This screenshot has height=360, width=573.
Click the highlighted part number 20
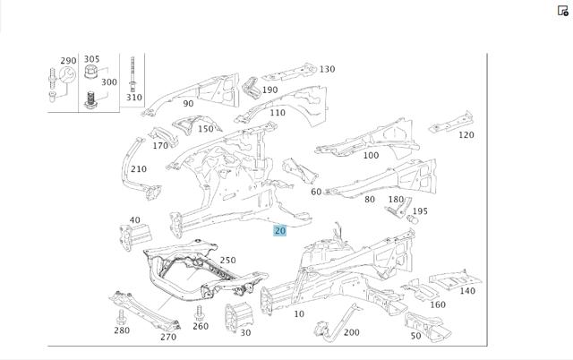point(279,231)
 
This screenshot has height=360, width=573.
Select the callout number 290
point(68,61)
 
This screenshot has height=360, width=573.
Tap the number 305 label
point(91,59)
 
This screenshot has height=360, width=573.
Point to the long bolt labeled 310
point(133,74)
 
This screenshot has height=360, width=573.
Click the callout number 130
point(327,69)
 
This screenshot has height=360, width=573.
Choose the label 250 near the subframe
point(227,261)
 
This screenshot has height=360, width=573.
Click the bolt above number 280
point(121,316)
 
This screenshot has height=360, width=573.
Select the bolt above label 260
point(199,313)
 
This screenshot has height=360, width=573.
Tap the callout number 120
point(466,135)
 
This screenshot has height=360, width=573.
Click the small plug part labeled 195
point(412,219)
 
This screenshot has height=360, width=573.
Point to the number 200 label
point(352,332)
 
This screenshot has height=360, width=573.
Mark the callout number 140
point(467,291)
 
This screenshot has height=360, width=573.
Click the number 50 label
point(415,336)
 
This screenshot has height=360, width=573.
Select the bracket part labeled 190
point(251,88)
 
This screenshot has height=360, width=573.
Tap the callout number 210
point(139,169)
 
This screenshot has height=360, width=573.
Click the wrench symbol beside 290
point(68,76)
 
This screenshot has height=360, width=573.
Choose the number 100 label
point(371,155)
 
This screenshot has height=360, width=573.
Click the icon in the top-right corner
point(563,10)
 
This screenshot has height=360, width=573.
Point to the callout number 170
point(160,145)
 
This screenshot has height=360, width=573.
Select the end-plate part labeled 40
point(135,236)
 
